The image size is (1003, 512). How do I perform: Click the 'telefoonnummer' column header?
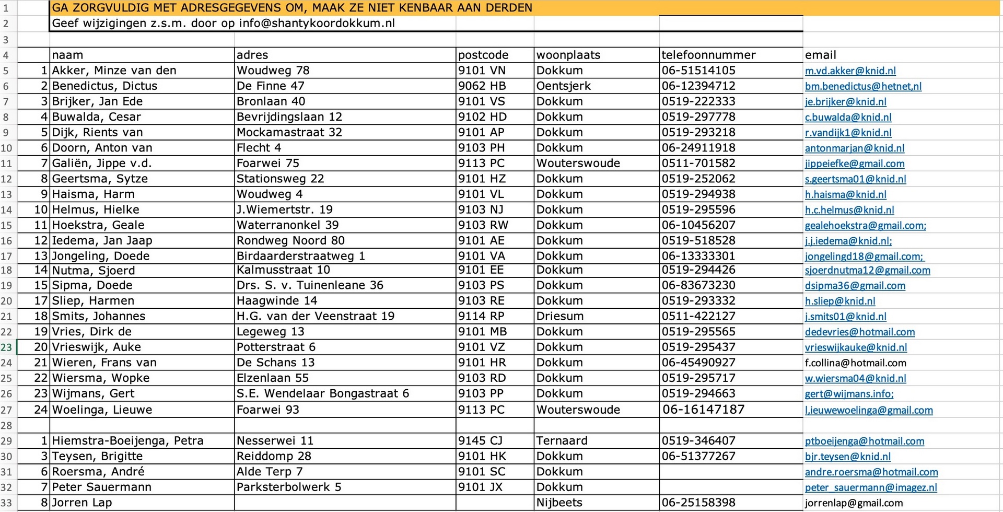[x=708, y=55]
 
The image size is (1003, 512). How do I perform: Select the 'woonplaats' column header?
[x=568, y=55]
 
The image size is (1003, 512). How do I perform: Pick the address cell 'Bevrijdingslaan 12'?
[x=289, y=117]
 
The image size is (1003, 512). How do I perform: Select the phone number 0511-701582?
[x=698, y=164]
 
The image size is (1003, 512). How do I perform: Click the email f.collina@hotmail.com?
[x=855, y=363]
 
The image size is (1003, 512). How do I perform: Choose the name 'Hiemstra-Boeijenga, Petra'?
[x=127, y=441]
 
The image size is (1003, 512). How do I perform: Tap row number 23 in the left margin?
[x=6, y=347]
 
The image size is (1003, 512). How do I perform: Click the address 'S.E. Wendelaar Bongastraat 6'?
[x=322, y=393]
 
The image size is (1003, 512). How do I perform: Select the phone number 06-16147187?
[x=703, y=410]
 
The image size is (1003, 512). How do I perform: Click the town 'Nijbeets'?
[x=559, y=503]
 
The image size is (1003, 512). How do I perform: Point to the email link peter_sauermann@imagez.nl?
[x=870, y=487]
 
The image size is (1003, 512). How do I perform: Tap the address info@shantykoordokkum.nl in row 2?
[x=317, y=24]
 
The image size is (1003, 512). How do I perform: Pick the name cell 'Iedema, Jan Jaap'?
[x=102, y=241]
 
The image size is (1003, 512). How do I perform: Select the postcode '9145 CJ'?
[x=480, y=441]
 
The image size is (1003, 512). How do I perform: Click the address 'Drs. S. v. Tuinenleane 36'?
[x=309, y=285]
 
